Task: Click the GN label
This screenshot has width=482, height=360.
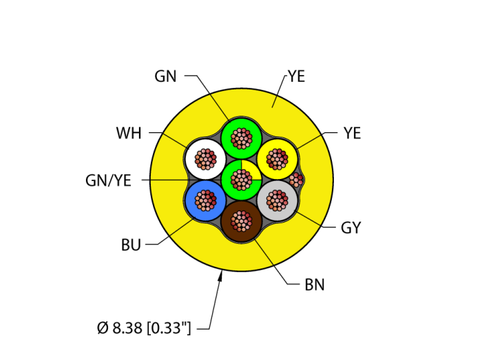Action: point(165,76)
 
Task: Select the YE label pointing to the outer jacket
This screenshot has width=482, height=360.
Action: point(296,76)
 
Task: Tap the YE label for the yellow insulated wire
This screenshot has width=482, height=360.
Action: point(352,133)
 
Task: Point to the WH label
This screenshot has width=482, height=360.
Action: point(129,133)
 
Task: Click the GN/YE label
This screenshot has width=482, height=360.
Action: point(108,180)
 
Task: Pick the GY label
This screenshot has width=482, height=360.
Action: point(350,228)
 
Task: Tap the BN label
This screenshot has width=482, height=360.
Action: point(315,284)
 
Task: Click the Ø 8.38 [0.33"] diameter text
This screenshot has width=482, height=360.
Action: point(144,328)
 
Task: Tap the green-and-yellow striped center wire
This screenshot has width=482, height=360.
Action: point(242,180)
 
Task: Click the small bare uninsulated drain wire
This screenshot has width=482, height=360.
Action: point(296,180)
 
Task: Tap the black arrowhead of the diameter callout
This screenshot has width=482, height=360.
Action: point(221,277)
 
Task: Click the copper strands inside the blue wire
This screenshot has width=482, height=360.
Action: point(205,200)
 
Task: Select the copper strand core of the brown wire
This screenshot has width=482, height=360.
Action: point(242,221)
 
